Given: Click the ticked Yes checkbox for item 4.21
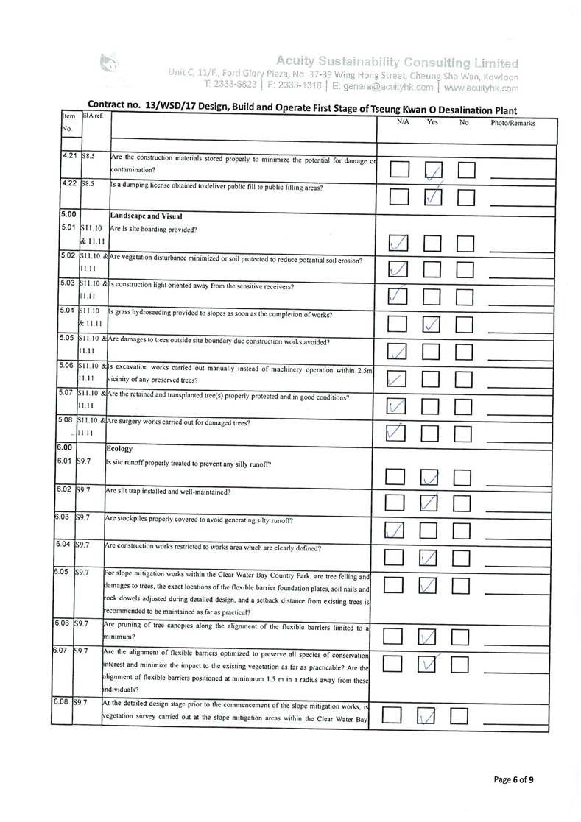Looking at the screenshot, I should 432,171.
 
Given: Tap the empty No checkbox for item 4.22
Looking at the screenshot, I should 465,197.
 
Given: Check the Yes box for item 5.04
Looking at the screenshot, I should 432,323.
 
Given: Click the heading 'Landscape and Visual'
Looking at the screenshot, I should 148,216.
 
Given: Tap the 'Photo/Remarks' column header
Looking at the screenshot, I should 513,123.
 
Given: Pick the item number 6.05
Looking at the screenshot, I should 62,571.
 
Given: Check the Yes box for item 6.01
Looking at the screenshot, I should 430,479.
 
